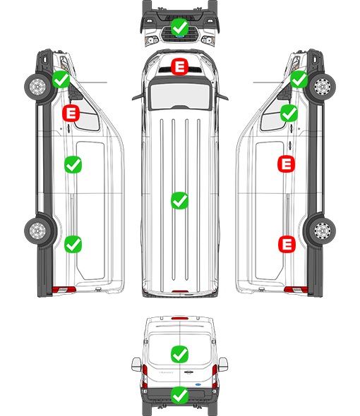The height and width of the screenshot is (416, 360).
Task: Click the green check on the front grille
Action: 179,27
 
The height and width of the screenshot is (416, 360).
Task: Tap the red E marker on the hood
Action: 179,66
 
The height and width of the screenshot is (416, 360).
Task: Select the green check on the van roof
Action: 179,200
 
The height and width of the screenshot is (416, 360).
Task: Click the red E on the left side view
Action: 71,114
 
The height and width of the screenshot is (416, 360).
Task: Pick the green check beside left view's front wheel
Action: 61,80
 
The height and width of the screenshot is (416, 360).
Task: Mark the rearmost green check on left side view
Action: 73,245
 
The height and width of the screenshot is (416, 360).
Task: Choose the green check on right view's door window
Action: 289,114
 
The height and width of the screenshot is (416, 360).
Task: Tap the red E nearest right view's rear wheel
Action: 287,244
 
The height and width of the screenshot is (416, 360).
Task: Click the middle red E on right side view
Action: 286,164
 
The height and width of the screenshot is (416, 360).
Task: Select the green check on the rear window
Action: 179,354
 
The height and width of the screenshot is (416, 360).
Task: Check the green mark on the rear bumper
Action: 179,396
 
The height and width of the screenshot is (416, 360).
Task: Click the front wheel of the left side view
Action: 37,87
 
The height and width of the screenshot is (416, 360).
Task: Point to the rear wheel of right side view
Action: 323,231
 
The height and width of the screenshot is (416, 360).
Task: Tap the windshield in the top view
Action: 180,96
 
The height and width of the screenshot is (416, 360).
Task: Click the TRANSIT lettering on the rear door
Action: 166,372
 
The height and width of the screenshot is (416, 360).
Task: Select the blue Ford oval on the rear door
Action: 198,384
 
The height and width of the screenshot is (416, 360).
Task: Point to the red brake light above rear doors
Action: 180,318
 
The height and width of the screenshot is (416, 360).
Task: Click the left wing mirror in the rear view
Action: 136,365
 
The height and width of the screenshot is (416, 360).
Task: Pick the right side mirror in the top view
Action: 222,97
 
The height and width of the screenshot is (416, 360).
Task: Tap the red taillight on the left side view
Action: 64,290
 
